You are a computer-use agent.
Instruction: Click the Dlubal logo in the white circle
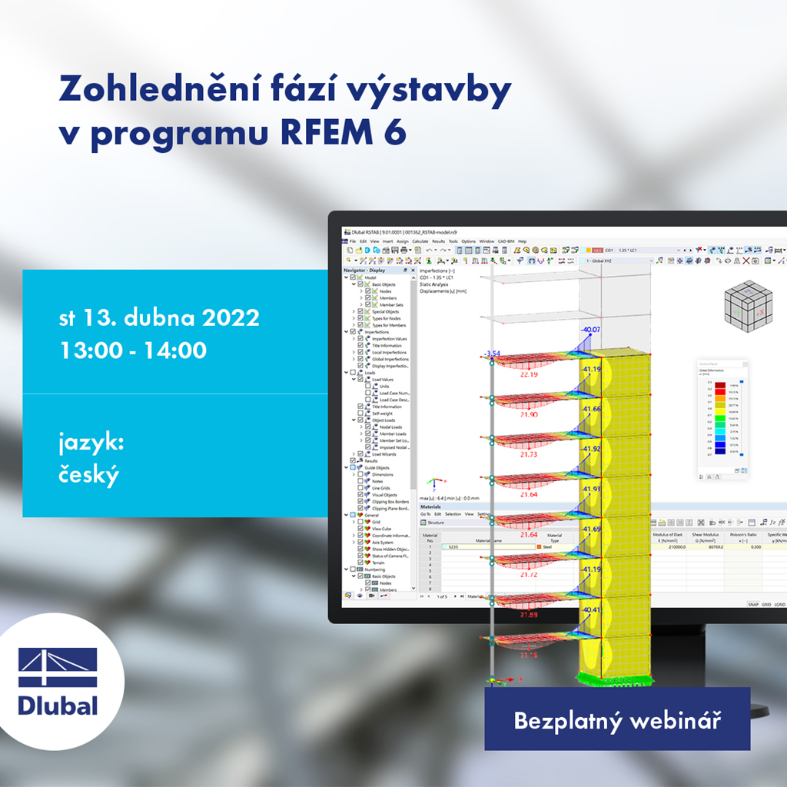coord(58,681)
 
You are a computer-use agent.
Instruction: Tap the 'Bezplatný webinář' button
coord(616,722)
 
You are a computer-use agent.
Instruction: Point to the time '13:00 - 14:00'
coord(133,350)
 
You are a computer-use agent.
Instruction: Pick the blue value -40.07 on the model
coord(591,330)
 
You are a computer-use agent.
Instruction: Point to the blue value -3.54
coord(492,354)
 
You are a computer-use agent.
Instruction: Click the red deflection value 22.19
coord(529,374)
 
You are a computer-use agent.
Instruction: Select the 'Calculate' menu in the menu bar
coord(420,241)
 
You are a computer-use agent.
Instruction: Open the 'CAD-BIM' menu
coord(506,241)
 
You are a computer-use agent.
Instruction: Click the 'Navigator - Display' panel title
coord(365,271)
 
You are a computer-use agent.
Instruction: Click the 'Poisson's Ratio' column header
coord(743,535)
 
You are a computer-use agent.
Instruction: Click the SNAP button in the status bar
coord(753,604)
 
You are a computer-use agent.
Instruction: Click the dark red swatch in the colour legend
coord(720,384)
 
